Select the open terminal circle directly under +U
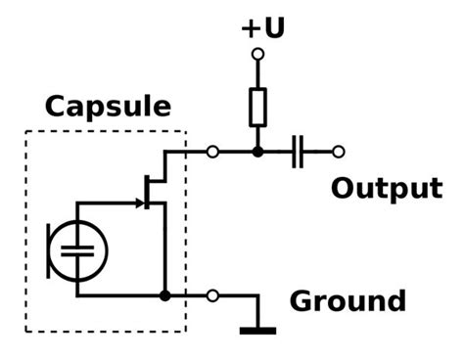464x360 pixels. coord(257,56)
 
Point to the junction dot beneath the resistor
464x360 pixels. coord(257,152)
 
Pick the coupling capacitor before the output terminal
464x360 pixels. coord(300,152)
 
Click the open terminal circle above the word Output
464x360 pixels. coord(339,152)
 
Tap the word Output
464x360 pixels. coord(386,188)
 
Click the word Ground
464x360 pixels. coord(347,299)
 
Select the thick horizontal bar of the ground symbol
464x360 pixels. coord(257,330)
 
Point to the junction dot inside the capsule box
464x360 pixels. coord(164,295)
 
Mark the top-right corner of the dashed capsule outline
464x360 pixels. coord(185,132)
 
